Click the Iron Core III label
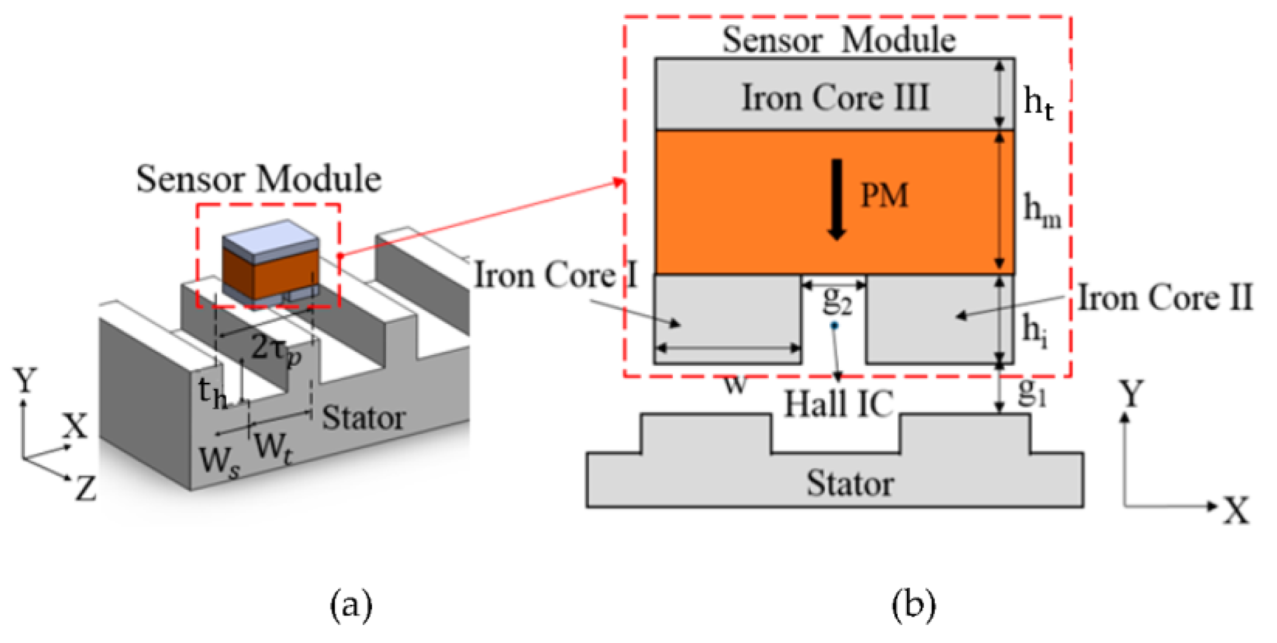click(x=835, y=97)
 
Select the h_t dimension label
click(x=1037, y=103)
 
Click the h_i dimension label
click(x=1035, y=331)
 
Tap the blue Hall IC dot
click(x=834, y=326)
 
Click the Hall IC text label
click(x=838, y=404)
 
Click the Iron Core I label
click(x=556, y=275)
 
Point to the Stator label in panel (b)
click(x=850, y=484)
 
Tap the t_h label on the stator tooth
click(x=212, y=393)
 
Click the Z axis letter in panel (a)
click(x=86, y=489)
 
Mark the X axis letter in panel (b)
click(x=1236, y=511)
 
